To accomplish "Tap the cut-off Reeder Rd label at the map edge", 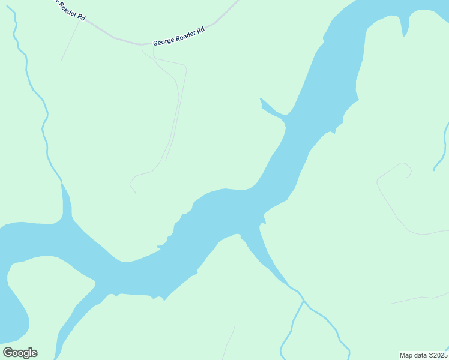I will [x=67, y=10].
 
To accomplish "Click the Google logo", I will [x=20, y=353].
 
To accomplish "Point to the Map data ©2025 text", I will [x=423, y=355].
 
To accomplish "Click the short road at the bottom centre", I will [x=228, y=343].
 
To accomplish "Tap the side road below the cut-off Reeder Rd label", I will [x=70, y=42].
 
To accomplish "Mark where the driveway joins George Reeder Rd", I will [x=142, y=45].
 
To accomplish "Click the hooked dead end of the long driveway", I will [x=132, y=186].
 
